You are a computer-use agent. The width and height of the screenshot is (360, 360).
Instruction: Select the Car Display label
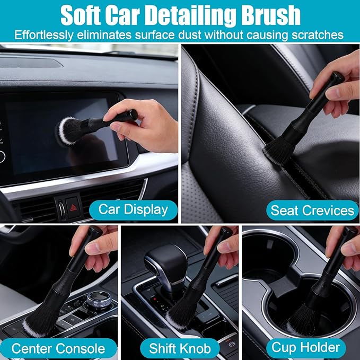tap(133, 210)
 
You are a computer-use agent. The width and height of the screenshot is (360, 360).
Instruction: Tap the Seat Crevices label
tap(312, 210)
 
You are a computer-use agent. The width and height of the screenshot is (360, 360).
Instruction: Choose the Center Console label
tap(58, 348)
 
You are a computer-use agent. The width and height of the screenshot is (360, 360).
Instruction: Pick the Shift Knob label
tap(180, 348)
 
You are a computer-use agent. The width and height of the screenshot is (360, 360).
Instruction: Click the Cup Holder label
tap(306, 347)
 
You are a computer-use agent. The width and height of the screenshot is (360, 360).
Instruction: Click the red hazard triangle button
tap(73, 208)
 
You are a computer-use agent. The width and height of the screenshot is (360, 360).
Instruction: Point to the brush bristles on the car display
tap(69, 131)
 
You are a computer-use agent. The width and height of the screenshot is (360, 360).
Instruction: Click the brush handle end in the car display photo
tap(132, 114)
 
